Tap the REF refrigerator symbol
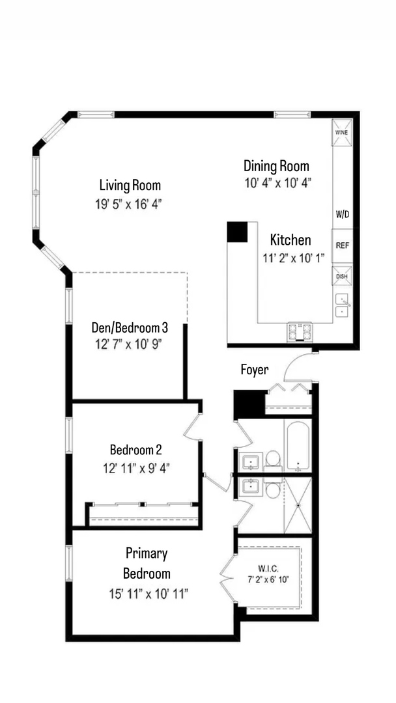tap(342, 245)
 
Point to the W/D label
tap(342, 214)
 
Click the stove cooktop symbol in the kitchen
tap(300, 333)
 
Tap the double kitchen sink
tap(343, 305)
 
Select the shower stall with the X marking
tap(298, 506)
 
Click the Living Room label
tap(130, 185)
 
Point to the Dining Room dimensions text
tap(277, 183)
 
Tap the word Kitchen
tap(290, 240)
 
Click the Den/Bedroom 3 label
tap(130, 327)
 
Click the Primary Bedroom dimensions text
tap(149, 593)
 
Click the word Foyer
tap(255, 370)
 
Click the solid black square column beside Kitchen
tap(237, 232)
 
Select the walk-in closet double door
tap(228, 577)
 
